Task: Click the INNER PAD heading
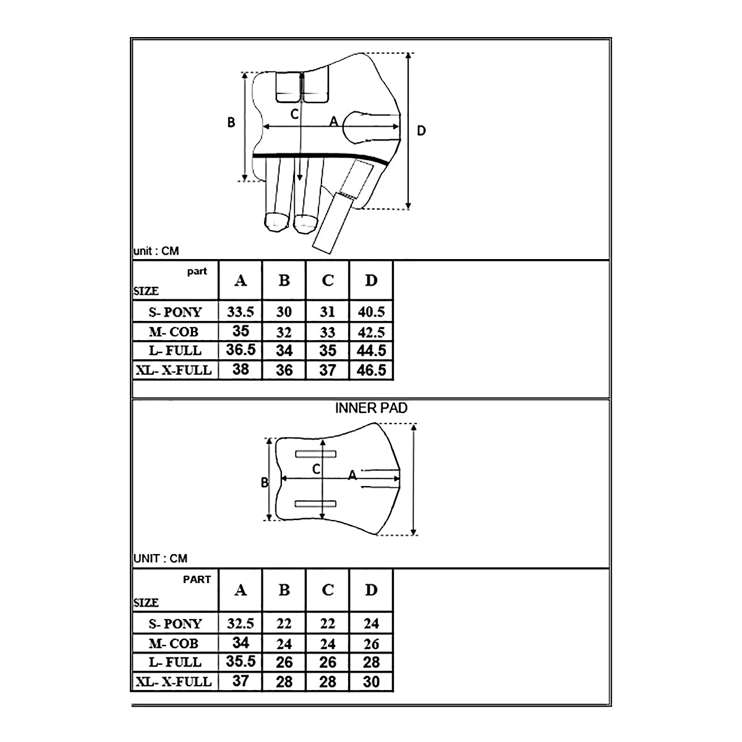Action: [371, 408]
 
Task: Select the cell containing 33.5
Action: [241, 312]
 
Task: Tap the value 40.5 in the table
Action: [371, 312]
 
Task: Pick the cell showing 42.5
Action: [371, 332]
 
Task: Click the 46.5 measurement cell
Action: [371, 370]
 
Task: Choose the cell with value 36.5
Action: [241, 349]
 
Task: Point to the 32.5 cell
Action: [241, 623]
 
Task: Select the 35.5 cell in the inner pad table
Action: [241, 661]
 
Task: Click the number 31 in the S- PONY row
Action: [328, 312]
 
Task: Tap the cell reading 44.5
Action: [371, 351]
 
